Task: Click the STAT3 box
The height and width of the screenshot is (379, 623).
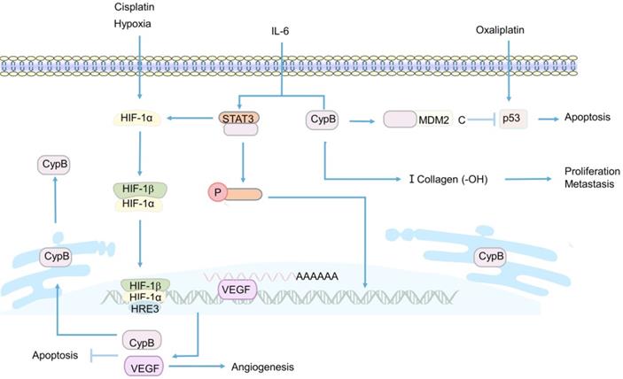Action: [240, 116]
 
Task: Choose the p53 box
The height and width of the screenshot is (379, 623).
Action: [511, 118]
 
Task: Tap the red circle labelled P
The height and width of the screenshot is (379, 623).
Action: [217, 192]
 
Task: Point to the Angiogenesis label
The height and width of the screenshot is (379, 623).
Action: [261, 366]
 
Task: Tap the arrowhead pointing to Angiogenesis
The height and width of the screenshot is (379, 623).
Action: [222, 365]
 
